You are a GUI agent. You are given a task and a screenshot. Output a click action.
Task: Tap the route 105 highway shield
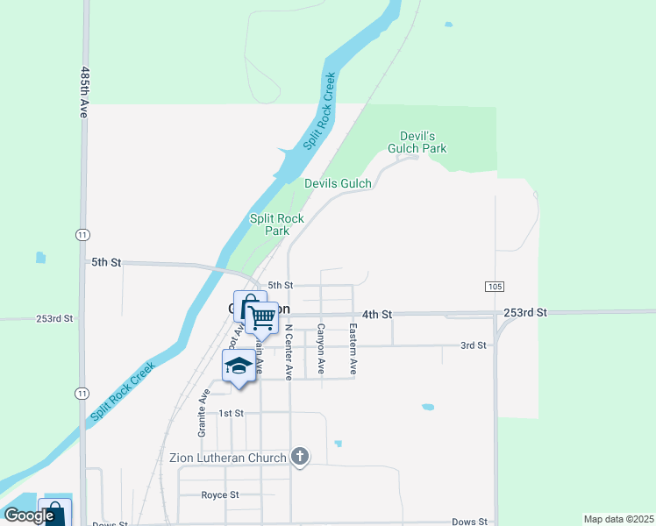(x=492, y=287)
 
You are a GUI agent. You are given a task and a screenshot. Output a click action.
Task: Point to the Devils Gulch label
(x=338, y=183)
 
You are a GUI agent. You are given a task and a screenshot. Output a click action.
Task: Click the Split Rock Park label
(x=277, y=224)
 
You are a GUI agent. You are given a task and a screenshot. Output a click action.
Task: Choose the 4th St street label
(x=377, y=314)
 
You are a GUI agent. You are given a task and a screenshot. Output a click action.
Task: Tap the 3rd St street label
(x=473, y=345)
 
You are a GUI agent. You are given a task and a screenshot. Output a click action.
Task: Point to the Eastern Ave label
(x=353, y=350)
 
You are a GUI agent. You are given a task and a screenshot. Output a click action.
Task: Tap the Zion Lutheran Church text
(x=227, y=458)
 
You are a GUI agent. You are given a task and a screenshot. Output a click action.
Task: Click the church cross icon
(x=300, y=456)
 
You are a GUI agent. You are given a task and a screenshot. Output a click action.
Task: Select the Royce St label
(x=220, y=494)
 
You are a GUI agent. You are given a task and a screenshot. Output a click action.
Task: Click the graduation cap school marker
(x=239, y=366)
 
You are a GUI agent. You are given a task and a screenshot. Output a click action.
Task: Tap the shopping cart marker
(x=261, y=317)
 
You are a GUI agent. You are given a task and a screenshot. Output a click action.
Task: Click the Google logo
(x=29, y=515)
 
